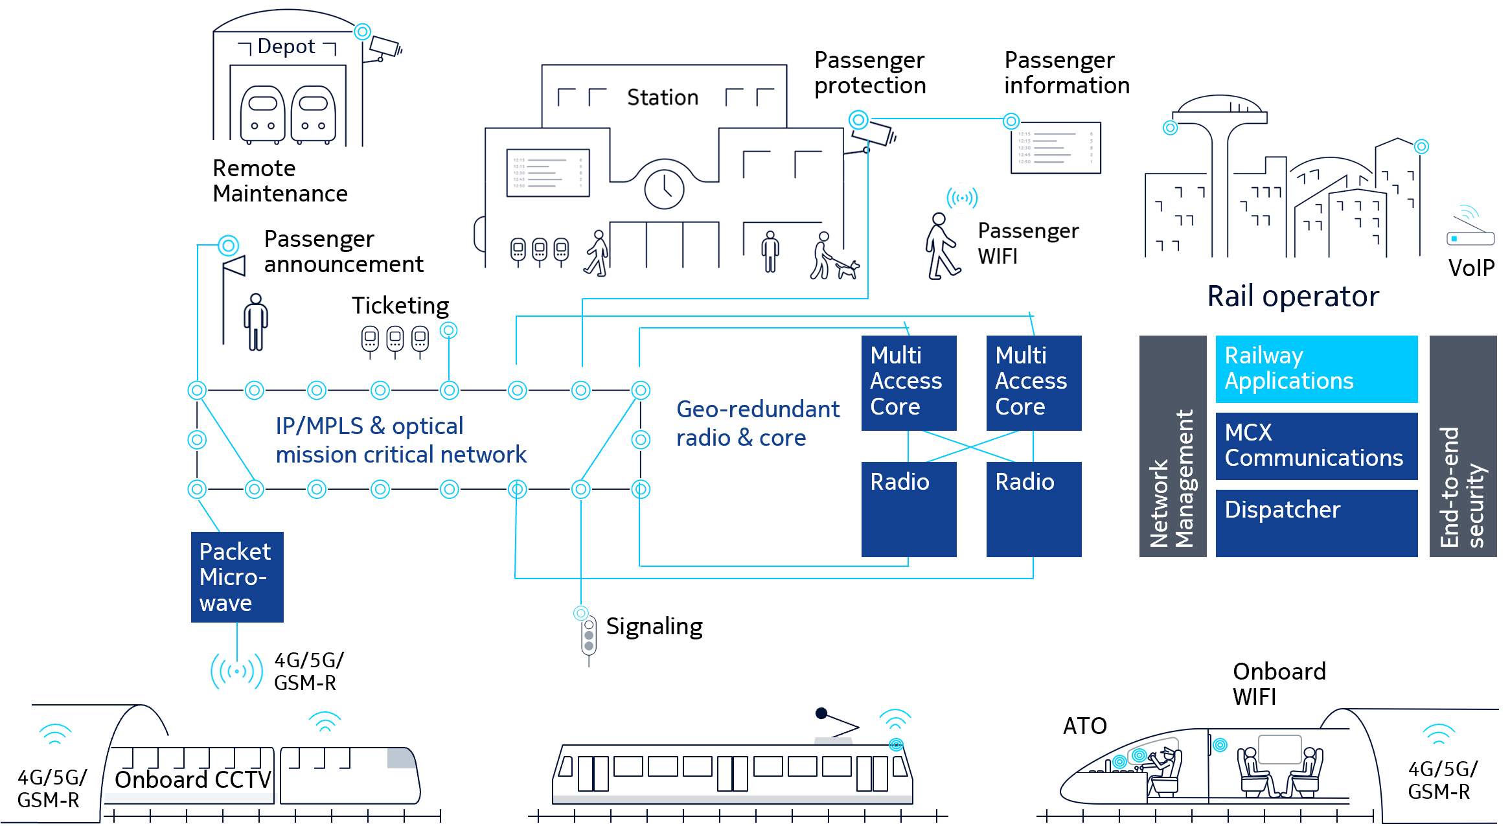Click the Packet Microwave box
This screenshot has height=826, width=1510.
click(x=237, y=577)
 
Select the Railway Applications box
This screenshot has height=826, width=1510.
click(x=1316, y=369)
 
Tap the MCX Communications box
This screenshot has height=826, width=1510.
click(x=1316, y=446)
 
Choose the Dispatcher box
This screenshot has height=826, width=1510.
click(x=1316, y=523)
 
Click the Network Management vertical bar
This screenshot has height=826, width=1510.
click(x=1173, y=446)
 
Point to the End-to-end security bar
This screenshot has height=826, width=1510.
click(x=1463, y=446)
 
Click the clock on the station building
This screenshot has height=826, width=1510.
click(x=664, y=189)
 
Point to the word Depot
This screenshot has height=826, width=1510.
click(x=286, y=47)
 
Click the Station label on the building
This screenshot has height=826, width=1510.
click(x=663, y=97)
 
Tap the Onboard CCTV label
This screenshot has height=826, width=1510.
click(x=193, y=779)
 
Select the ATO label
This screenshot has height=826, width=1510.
click(x=1085, y=726)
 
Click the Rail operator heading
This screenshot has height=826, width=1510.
click(x=1293, y=296)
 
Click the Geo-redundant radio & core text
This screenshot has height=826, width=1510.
click(x=758, y=423)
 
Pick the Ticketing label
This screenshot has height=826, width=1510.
click(x=400, y=305)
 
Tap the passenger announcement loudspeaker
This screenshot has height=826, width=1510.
click(x=235, y=266)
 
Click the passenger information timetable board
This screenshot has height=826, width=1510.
click(x=1056, y=148)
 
